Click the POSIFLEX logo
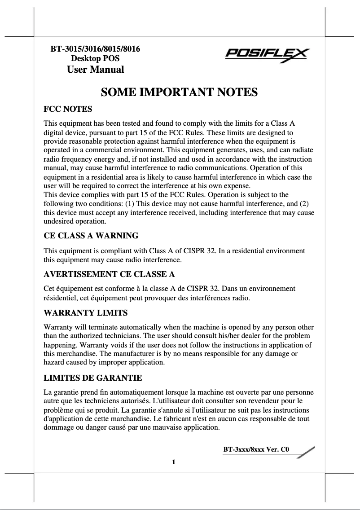[x=267, y=56]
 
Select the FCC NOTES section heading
[x=68, y=109]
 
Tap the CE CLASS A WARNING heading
[x=91, y=235]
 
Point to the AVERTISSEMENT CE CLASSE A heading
[x=109, y=274]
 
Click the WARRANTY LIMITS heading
[x=85, y=312]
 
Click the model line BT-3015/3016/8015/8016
[x=95, y=48]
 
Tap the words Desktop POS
[x=95, y=58]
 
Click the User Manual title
[x=95, y=70]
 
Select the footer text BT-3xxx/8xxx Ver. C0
[x=256, y=449]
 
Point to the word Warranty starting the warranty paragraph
[x=58, y=327]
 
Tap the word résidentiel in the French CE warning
[x=61, y=298]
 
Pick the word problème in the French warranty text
[x=59, y=410]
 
